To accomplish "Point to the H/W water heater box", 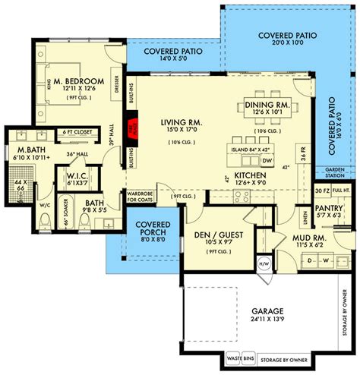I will pos(264,263).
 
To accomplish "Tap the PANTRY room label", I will pos(331,207).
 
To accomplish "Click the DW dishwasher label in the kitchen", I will pos(267,160).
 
